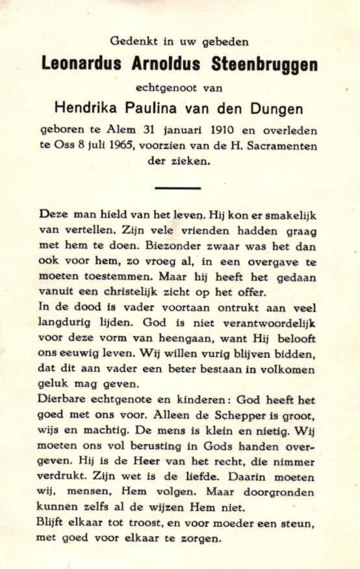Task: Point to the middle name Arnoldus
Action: pos(170,64)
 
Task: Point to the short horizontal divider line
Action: pos(178,187)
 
